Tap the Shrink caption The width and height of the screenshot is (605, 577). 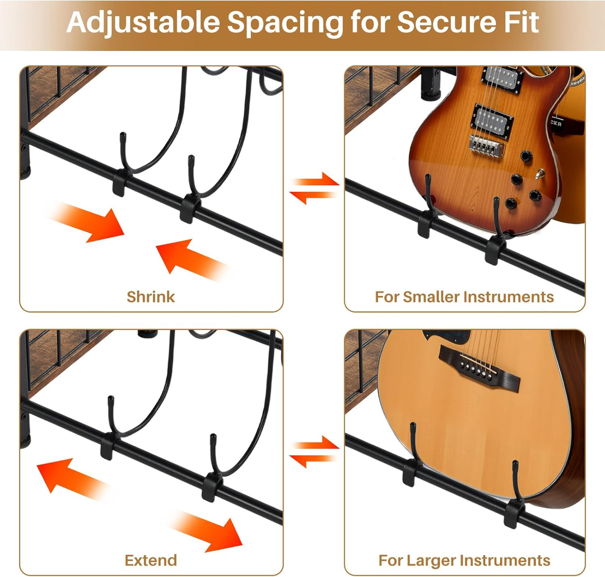151,296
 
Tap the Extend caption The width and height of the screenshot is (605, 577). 151,560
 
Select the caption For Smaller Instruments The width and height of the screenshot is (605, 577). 464,297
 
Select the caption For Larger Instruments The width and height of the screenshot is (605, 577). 464,560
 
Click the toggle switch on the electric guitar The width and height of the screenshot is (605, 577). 540,175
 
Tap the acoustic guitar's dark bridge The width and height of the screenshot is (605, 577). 478,367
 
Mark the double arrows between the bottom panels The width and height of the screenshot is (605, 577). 314,453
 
